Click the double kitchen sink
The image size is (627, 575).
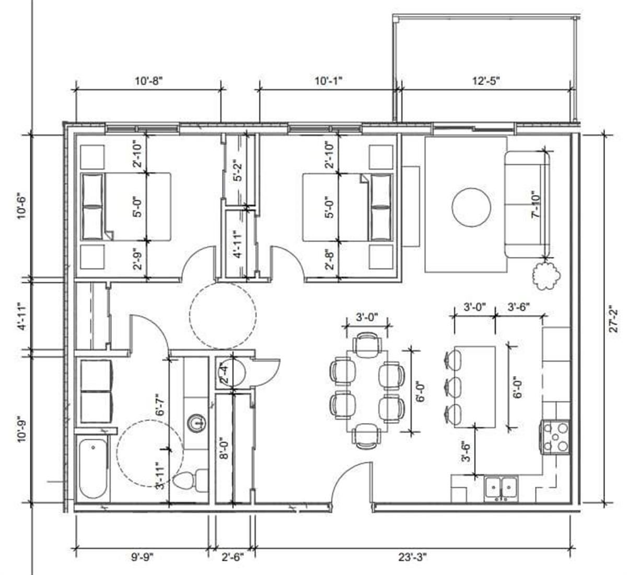(501, 488)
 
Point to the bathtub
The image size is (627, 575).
(94, 469)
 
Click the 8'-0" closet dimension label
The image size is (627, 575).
(224, 448)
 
